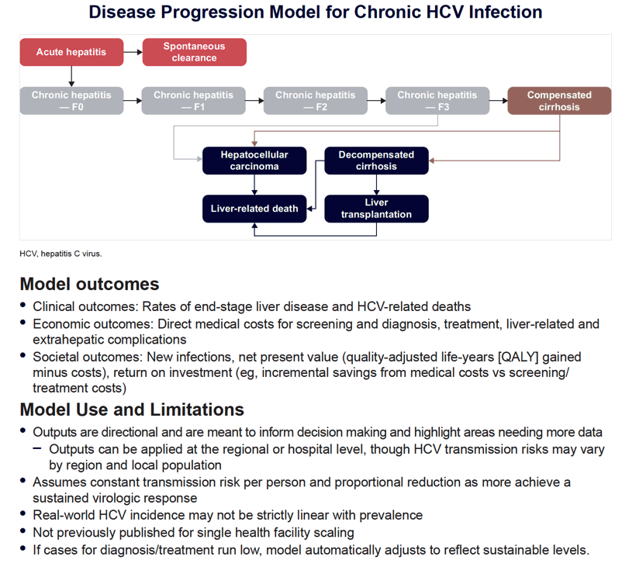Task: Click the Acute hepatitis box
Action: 71,52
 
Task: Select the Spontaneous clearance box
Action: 195,52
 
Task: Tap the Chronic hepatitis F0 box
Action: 71,101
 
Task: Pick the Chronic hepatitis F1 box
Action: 194,101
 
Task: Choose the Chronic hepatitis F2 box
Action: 316,101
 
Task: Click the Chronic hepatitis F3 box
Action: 437,101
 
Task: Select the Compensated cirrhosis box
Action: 559,101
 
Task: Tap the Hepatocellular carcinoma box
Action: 254,161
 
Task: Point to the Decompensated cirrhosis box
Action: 376,161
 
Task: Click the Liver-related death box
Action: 254,209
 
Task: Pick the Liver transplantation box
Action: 376,209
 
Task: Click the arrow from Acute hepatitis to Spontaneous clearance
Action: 133,52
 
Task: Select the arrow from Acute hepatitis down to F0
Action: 71,76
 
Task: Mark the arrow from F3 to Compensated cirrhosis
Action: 498,101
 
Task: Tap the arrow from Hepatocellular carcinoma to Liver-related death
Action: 254,185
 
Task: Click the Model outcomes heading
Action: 90,284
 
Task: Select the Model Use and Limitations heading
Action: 132,410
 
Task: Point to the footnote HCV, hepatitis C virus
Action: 60,254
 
